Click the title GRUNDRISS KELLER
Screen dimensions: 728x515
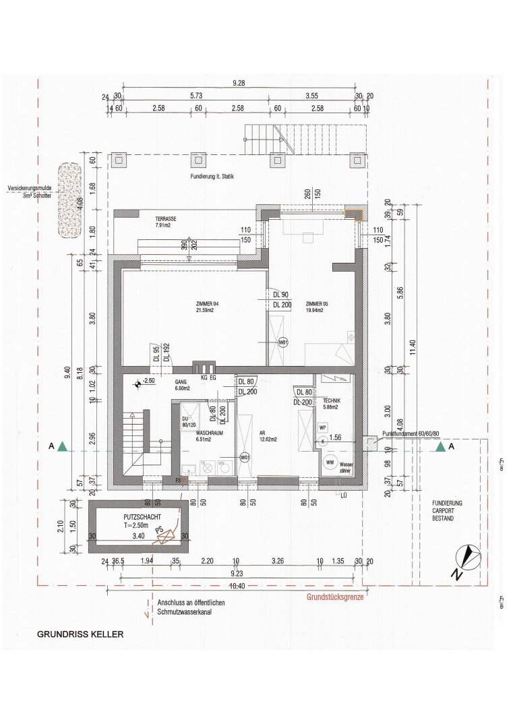[80, 634]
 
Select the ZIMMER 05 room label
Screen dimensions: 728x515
[317, 305]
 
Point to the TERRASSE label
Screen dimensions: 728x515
[166, 219]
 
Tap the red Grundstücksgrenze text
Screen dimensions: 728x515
[335, 597]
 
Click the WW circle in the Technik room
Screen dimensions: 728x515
[330, 462]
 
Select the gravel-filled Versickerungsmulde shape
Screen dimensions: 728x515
[69, 200]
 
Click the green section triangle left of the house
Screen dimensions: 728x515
[62, 446]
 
